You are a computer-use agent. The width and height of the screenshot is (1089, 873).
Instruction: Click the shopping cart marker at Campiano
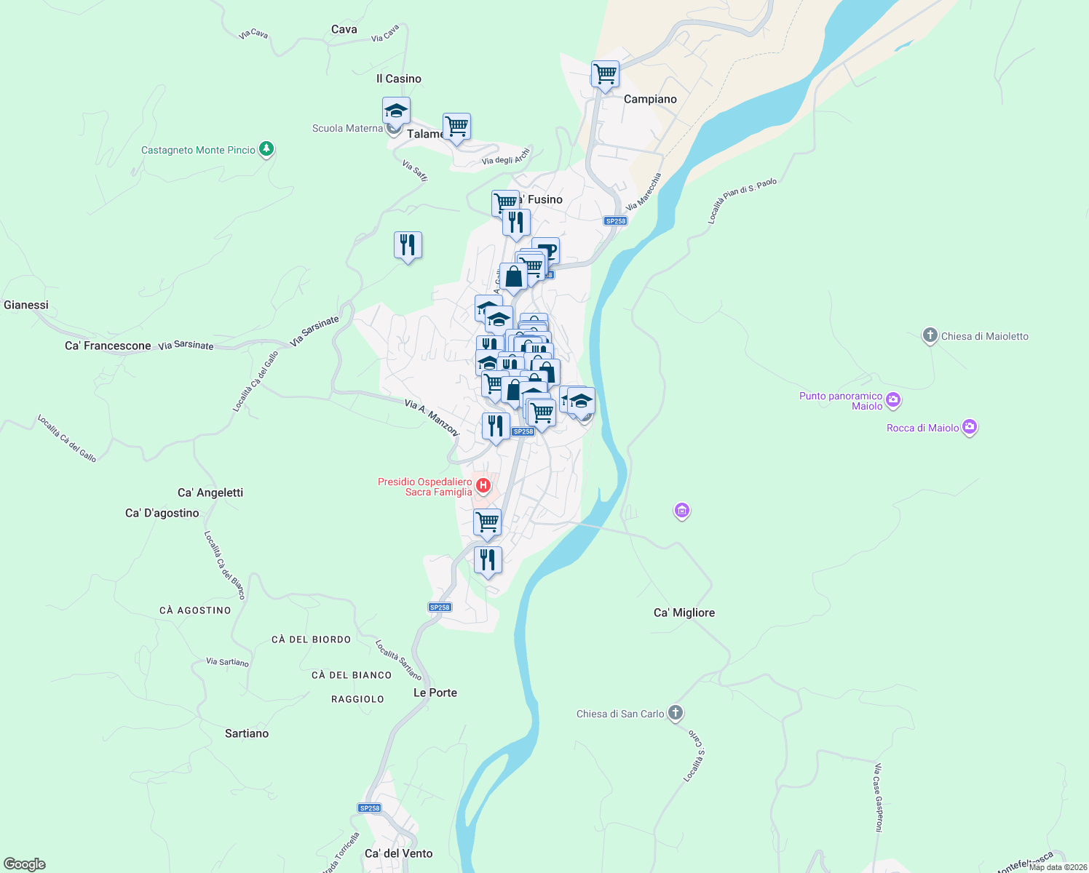click(x=605, y=73)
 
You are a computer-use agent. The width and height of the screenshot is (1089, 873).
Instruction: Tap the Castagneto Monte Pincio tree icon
click(x=266, y=149)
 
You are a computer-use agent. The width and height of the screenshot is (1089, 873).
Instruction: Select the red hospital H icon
click(x=483, y=485)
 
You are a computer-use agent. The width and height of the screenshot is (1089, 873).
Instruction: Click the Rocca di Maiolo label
click(x=922, y=428)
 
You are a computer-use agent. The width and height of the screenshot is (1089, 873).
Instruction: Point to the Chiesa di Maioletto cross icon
click(x=930, y=335)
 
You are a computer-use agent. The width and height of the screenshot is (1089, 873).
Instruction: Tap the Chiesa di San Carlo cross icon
click(x=676, y=713)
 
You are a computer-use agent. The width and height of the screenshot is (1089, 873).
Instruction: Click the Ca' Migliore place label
click(x=684, y=613)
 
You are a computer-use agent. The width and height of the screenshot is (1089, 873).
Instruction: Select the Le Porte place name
click(x=435, y=693)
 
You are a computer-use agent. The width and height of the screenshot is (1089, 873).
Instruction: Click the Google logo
click(x=25, y=864)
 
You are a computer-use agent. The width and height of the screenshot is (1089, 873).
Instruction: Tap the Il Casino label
click(x=399, y=79)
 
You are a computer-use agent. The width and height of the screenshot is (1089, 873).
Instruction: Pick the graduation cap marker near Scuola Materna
click(x=396, y=111)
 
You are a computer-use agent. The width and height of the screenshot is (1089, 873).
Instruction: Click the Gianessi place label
click(x=26, y=305)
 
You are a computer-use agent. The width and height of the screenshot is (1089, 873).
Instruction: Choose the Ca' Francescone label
click(x=108, y=346)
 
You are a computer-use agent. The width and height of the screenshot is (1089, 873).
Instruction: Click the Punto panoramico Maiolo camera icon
click(x=893, y=399)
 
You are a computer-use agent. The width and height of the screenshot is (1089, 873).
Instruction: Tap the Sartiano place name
click(x=247, y=733)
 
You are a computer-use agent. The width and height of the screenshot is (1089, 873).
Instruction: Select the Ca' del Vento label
click(x=398, y=853)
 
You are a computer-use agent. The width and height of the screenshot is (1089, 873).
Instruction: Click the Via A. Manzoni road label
click(x=432, y=418)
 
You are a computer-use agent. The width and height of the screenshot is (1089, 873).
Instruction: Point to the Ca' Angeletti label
click(x=210, y=493)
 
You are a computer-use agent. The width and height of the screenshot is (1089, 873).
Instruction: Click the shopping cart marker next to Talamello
click(x=456, y=127)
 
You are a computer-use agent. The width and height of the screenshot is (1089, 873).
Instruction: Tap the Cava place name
click(x=344, y=29)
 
